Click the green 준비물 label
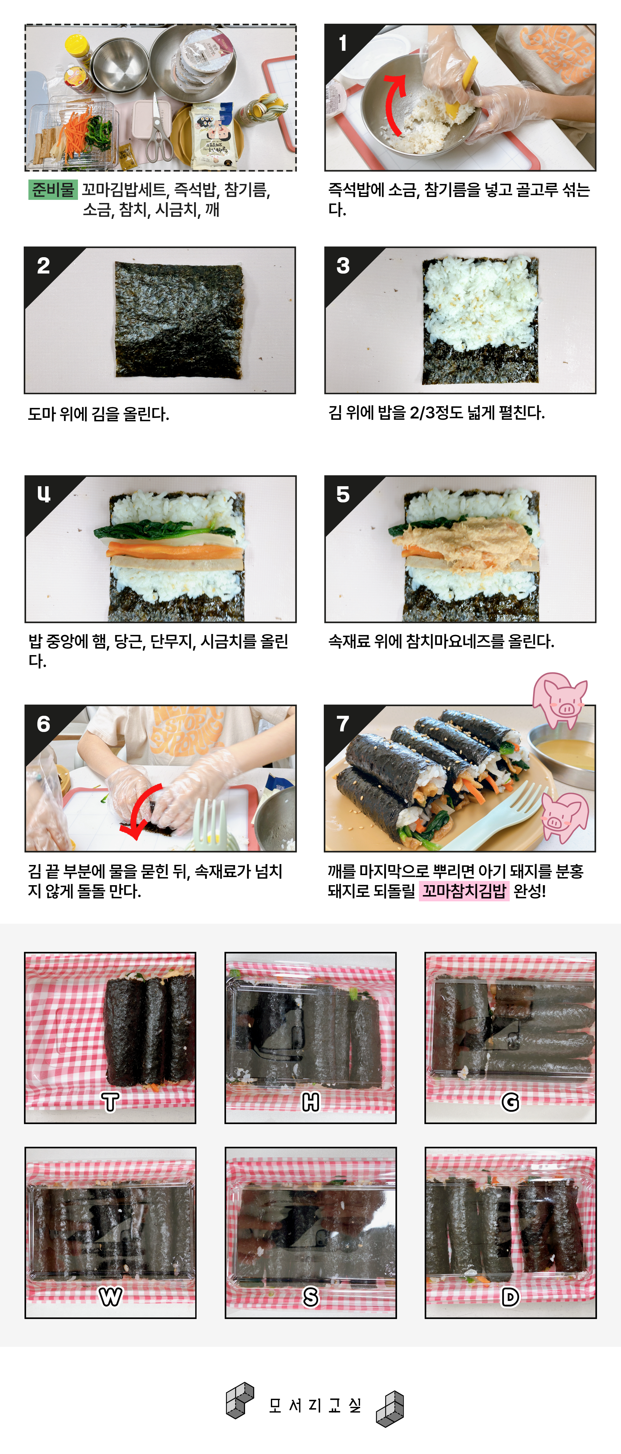(52, 190)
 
